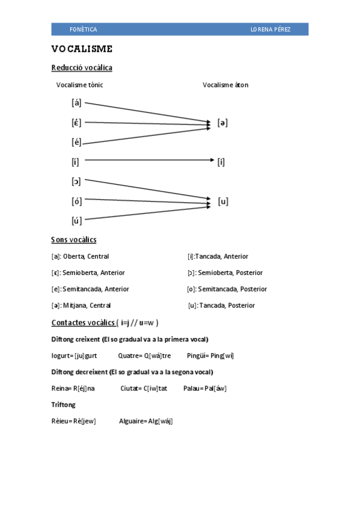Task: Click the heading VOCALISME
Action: [82, 49]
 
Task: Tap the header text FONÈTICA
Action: [83, 29]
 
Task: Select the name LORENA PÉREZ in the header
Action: [270, 29]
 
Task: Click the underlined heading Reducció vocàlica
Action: [82, 68]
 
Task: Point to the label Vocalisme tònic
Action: [79, 85]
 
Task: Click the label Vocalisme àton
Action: [225, 85]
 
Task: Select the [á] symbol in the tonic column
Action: [76, 102]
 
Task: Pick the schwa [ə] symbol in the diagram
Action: [222, 123]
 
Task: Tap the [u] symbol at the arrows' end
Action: [223, 201]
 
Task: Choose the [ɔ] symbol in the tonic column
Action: [76, 181]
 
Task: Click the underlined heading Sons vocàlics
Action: [73, 240]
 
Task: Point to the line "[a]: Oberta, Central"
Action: [80, 256]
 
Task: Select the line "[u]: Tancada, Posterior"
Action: [221, 306]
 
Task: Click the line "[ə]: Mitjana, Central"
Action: [81, 306]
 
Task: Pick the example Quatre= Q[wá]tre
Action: [144, 355]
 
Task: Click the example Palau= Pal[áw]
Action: [205, 388]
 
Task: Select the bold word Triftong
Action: [64, 405]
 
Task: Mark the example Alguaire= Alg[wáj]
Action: [146, 421]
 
